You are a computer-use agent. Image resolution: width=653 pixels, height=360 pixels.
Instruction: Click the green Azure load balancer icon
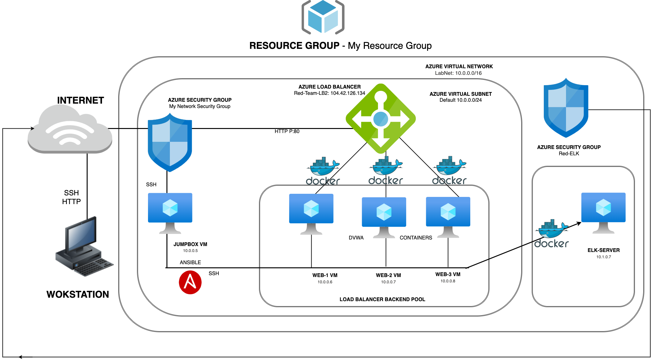pyautogui.click(x=380, y=119)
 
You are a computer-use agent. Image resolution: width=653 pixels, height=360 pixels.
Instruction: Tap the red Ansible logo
pyautogui.click(x=190, y=282)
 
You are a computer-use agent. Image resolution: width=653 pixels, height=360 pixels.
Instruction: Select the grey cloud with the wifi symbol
pyautogui.click(x=70, y=130)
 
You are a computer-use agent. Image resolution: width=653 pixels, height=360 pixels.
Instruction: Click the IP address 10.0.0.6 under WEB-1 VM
pyautogui.click(x=325, y=282)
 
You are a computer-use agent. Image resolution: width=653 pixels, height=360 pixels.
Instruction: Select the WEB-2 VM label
pyautogui.click(x=388, y=275)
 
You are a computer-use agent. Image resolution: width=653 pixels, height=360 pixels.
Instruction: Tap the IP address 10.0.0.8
pyautogui.click(x=448, y=281)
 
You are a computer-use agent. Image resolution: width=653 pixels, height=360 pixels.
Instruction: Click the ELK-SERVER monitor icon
pyautogui.click(x=603, y=212)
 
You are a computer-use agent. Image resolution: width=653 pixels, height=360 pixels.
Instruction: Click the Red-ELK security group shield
pyautogui.click(x=566, y=108)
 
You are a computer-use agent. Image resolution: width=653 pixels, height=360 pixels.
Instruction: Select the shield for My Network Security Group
pyautogui.click(x=170, y=142)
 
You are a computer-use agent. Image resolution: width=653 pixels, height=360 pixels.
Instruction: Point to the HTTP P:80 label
pyautogui.click(x=287, y=131)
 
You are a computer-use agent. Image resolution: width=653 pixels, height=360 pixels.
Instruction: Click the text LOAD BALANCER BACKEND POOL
pyautogui.click(x=382, y=299)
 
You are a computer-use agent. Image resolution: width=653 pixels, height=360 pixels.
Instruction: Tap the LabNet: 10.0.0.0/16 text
pyautogui.click(x=458, y=73)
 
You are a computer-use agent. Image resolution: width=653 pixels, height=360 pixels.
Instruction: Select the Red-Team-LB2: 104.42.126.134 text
pyautogui.click(x=329, y=93)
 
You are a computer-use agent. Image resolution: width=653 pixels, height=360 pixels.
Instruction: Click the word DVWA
pyautogui.click(x=356, y=238)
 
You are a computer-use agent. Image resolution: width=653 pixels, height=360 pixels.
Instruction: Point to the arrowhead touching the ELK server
pyautogui.click(x=579, y=223)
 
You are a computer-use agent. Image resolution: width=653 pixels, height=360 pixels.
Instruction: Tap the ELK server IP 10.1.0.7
pyautogui.click(x=603, y=257)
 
